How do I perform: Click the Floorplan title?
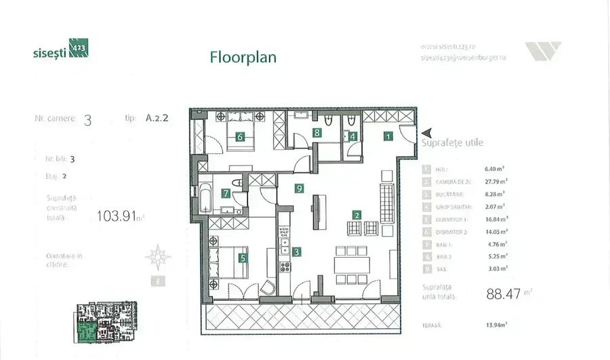(x=243, y=57)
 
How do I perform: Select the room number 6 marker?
(x=240, y=136)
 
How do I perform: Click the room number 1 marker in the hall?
(x=388, y=136)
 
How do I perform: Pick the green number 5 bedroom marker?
(x=243, y=258)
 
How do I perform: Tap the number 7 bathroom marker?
(x=226, y=193)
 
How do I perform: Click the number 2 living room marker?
(x=357, y=216)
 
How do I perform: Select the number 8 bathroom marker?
(x=317, y=133)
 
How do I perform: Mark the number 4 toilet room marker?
(x=352, y=135)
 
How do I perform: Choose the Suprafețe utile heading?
(x=452, y=143)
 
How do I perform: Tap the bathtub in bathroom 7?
(x=204, y=198)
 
